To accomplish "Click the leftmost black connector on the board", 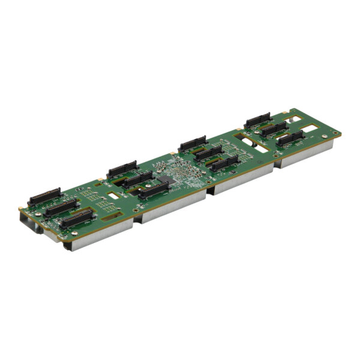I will pyautogui.click(x=44, y=196).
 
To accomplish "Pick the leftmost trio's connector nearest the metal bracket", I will pyautogui.click(x=76, y=218).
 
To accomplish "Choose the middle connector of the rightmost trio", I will pyautogui.click(x=273, y=128).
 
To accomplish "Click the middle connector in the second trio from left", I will pyautogui.click(x=137, y=179).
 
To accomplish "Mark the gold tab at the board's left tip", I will pyautogui.click(x=20, y=211).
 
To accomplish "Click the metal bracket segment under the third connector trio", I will pyautogui.click(x=240, y=180).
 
